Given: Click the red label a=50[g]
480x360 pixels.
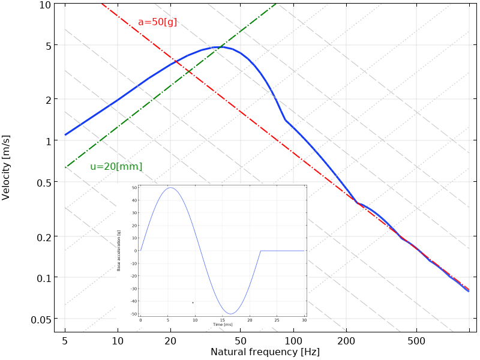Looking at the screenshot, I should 157,22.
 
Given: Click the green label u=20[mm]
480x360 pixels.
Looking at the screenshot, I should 116,167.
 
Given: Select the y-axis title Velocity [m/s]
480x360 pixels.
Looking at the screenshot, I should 7,167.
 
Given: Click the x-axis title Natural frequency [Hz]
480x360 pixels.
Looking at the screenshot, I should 265,352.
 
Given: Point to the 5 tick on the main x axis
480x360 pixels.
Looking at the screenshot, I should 65,341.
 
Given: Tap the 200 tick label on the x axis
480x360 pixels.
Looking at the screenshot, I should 346,341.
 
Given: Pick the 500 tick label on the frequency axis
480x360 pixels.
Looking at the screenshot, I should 416,341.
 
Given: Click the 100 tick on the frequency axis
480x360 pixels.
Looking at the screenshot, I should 293,341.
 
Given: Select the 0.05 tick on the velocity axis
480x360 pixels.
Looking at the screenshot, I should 40,319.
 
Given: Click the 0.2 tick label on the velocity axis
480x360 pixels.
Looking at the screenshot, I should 44,236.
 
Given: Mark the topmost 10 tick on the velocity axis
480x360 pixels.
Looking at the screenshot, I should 45,5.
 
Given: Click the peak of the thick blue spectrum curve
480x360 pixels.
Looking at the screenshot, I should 220,47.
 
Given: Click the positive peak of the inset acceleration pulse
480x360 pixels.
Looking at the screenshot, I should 171,188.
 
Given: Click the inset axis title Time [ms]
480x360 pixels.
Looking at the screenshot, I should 223,325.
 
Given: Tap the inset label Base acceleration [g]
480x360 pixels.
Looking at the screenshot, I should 119,250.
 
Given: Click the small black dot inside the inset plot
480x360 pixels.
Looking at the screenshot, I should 193,302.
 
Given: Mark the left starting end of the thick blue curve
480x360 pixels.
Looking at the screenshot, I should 65,134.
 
